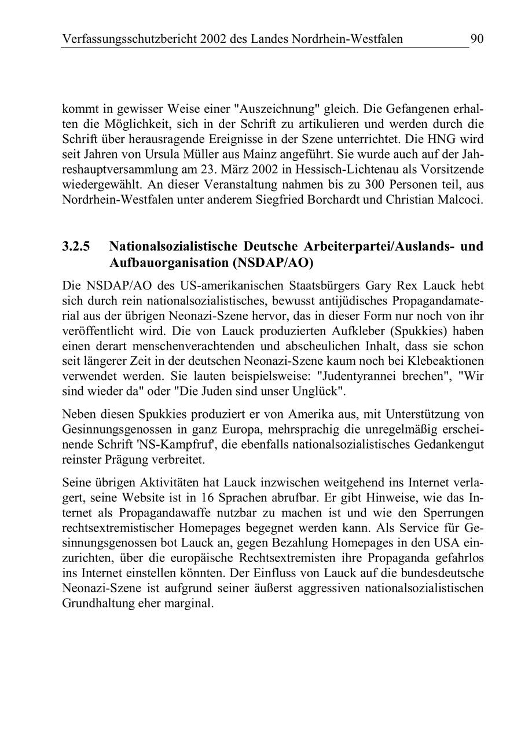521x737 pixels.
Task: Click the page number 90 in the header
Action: point(477,39)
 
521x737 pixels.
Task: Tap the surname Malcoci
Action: point(461,200)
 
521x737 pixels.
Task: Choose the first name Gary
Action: point(381,285)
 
